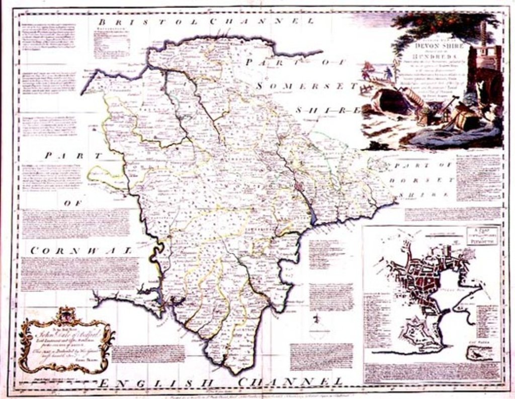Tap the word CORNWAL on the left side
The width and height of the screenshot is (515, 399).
click(x=80, y=249)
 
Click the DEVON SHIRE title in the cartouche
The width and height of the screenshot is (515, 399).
click(x=436, y=45)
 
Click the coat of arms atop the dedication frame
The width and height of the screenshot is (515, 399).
click(x=64, y=316)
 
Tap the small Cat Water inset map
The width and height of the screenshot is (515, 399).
click(x=479, y=353)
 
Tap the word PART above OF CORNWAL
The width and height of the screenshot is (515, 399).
click(x=73, y=156)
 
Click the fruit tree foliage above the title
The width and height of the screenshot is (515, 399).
click(x=443, y=23)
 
